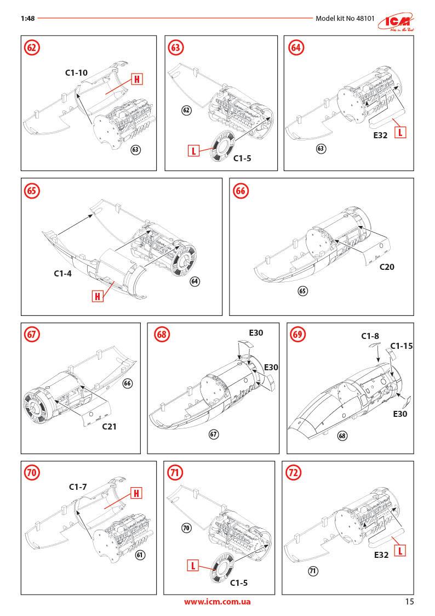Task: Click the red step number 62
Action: (x=32, y=48)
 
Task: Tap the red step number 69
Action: (x=299, y=334)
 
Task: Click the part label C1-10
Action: (x=76, y=72)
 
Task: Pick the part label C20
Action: (x=387, y=267)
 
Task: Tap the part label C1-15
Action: (x=401, y=346)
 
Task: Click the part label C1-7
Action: (x=78, y=486)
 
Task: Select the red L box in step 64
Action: (x=400, y=132)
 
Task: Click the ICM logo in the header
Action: (x=399, y=19)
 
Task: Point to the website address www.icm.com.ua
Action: (x=218, y=602)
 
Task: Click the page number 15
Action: (x=409, y=601)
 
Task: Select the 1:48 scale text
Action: (x=27, y=18)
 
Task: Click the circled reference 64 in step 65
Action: (x=194, y=281)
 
